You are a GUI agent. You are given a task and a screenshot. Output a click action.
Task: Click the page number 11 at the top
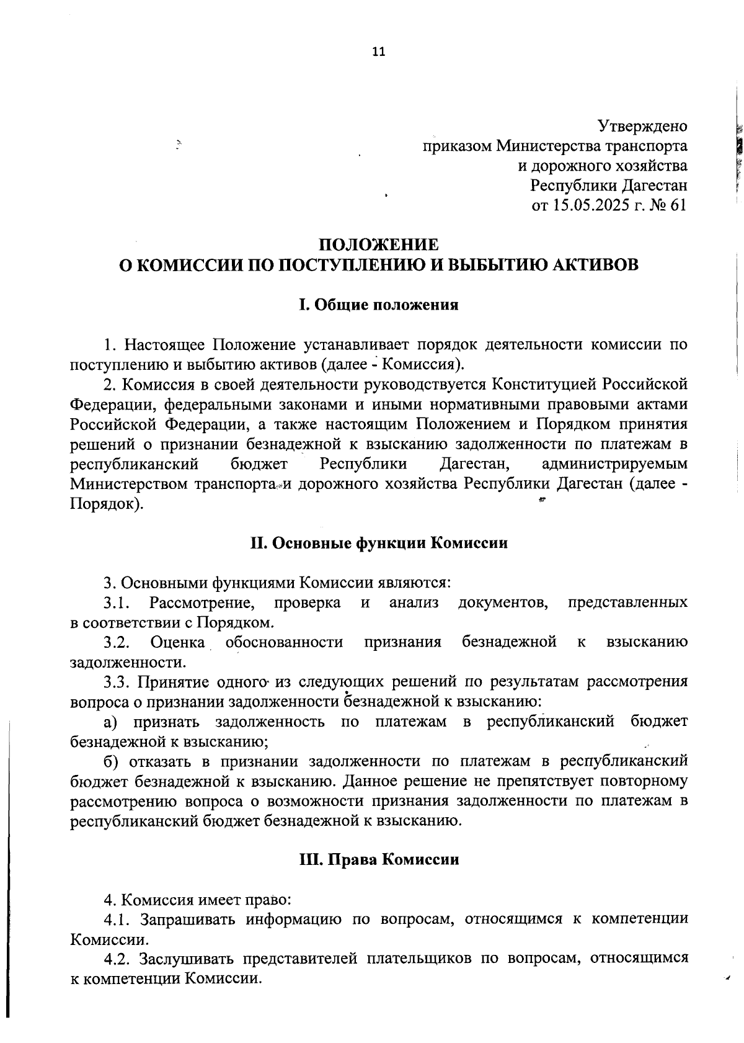point(378,52)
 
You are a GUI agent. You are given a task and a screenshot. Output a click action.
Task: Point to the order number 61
point(679,205)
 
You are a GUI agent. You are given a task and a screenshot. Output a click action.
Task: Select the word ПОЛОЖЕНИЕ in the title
point(378,244)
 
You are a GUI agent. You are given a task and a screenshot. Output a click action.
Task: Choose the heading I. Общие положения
point(378,305)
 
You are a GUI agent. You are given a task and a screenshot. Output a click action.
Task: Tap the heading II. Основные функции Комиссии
point(378,543)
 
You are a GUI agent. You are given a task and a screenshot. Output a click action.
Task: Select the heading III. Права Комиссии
point(378,860)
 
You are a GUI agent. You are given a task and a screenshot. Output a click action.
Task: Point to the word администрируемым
point(614,464)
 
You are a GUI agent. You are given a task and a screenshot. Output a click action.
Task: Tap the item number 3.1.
point(115,602)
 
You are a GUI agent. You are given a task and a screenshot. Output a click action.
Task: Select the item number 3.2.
point(115,642)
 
